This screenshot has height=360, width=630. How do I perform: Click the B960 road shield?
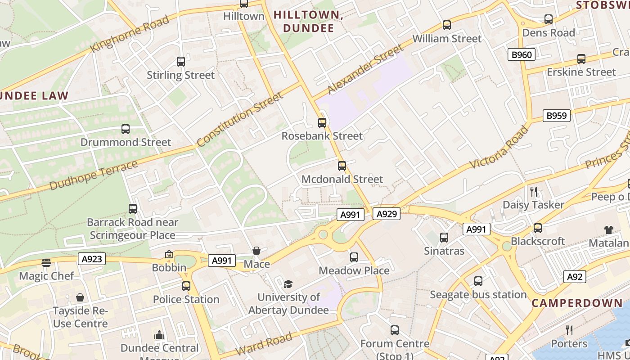522,55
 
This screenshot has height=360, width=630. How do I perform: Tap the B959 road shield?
556,116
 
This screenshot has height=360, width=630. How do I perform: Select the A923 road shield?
92,259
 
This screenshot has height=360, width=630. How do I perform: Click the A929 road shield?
386,214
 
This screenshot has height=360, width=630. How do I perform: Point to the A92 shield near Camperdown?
575,277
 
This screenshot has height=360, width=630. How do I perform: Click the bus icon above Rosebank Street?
322,122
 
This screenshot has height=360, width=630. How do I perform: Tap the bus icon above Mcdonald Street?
342,166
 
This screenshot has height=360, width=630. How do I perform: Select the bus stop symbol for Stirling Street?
180,62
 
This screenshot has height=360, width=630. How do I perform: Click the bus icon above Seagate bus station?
478,281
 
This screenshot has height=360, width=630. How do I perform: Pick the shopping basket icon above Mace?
256,251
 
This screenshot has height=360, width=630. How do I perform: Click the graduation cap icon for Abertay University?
288,284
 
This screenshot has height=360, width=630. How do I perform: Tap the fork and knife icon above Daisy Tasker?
534,191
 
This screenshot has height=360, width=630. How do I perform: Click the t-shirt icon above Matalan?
609,229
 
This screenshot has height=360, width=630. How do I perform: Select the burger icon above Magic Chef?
46,262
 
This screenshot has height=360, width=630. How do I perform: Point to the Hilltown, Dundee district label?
308,21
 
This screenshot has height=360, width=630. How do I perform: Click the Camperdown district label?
577,303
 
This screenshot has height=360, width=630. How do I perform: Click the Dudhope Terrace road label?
94,175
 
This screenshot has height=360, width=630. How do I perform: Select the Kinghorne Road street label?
130,33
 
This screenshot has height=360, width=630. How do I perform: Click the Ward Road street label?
264,345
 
